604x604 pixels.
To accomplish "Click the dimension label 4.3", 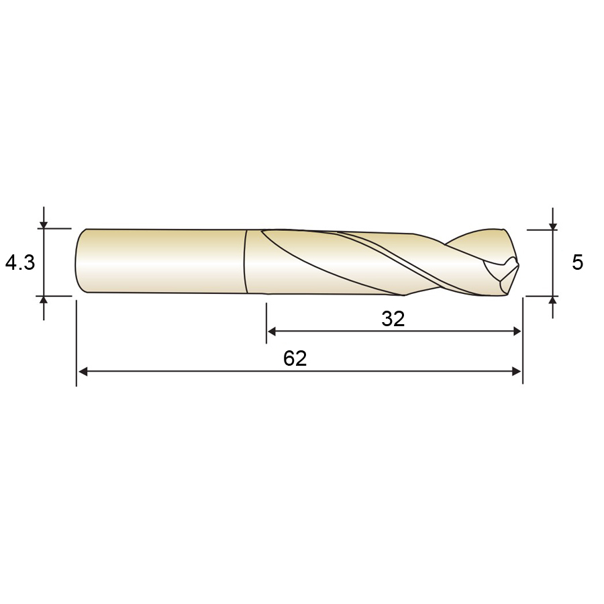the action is pyautogui.click(x=20, y=262).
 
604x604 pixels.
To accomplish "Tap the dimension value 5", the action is pyautogui.click(x=577, y=262).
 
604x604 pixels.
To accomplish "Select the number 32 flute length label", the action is pyautogui.click(x=393, y=319).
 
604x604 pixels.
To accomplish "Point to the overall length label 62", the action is pyautogui.click(x=295, y=358).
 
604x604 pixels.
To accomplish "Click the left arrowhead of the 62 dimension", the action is pyautogui.click(x=83, y=371).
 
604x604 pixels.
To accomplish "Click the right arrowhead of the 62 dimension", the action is pyautogui.click(x=516, y=371).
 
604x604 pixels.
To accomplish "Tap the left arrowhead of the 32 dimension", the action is pyautogui.click(x=272, y=331).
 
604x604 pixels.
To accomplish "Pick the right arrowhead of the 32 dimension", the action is pyautogui.click(x=516, y=331).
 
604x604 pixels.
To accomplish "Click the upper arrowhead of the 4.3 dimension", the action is pyautogui.click(x=44, y=224).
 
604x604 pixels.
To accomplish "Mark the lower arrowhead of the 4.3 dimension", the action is pyautogui.click(x=44, y=301).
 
